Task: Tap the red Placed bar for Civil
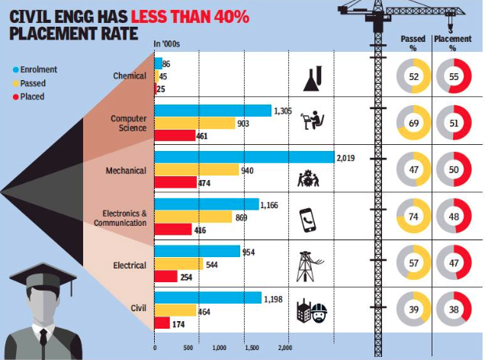(162, 323)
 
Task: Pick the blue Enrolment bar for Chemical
(158, 64)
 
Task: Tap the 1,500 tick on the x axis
(252, 347)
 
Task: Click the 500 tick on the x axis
(187, 347)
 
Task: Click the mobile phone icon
(307, 220)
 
